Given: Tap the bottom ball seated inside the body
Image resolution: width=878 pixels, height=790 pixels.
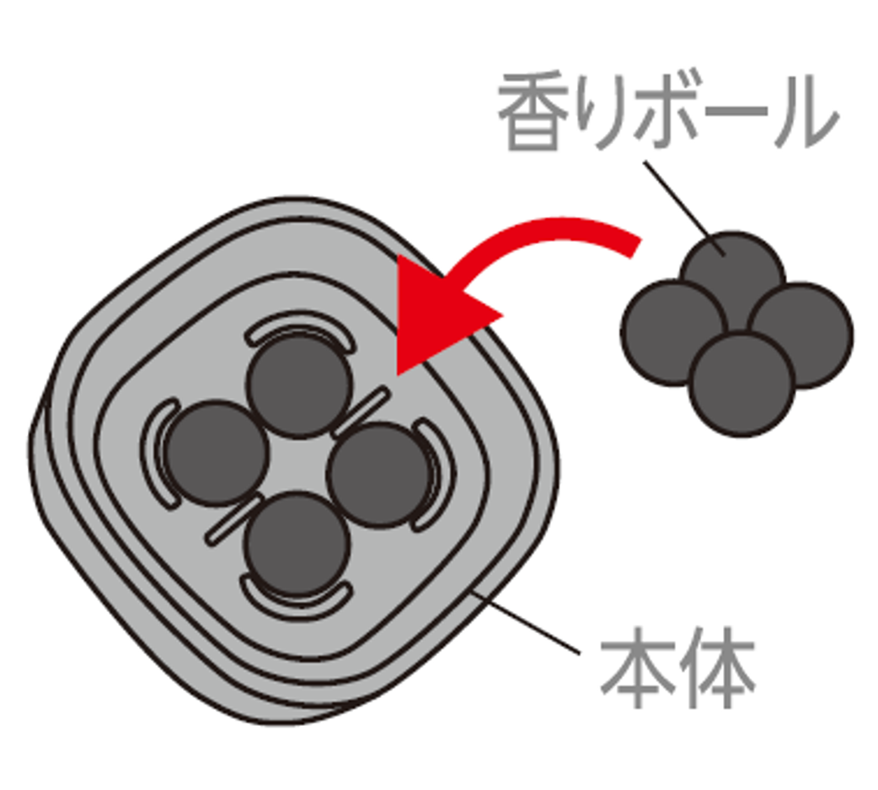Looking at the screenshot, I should pos(297,544).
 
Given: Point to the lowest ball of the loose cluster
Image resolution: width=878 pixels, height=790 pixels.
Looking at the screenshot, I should pos(741,384).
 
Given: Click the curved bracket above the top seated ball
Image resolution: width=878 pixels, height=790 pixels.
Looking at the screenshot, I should pos(295,326).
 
